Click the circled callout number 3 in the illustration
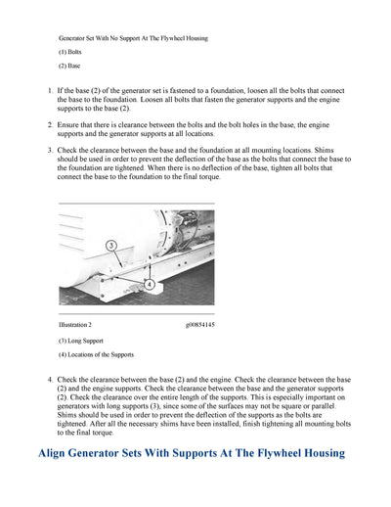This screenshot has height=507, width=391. click(112, 245)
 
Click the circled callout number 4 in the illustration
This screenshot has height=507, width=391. click(150, 283)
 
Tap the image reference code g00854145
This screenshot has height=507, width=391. click(199, 324)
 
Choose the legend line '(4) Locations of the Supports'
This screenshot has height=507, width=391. click(96, 354)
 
